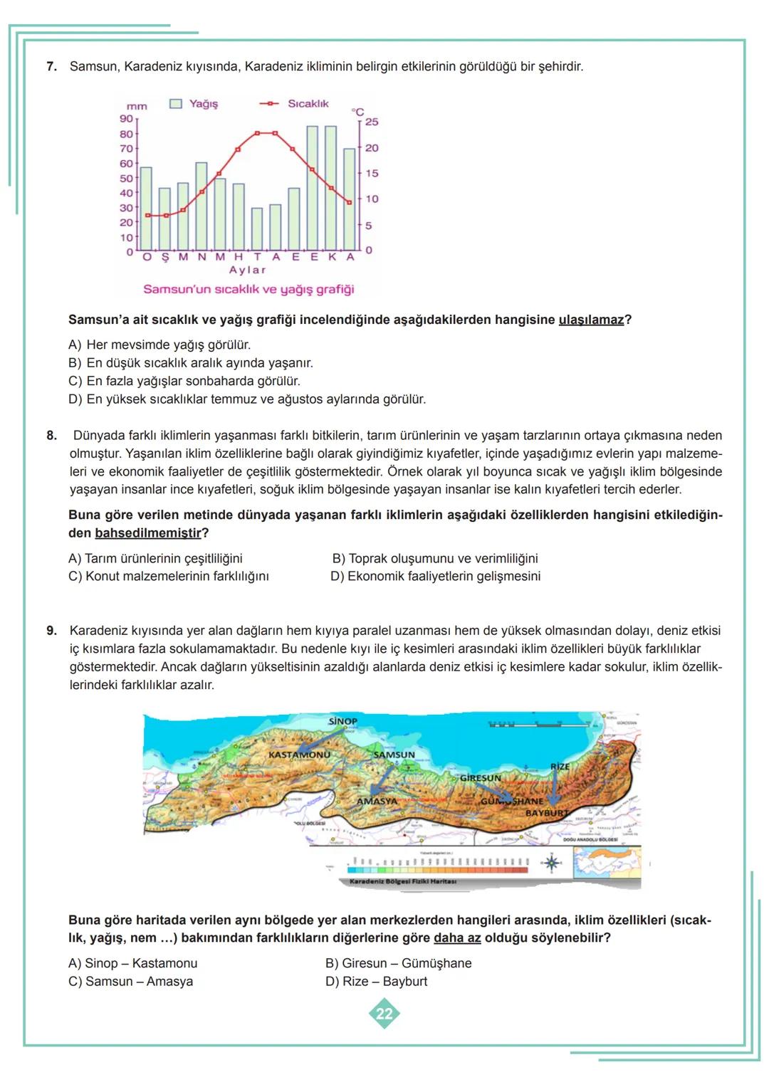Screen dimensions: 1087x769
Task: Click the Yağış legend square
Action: click(176, 104)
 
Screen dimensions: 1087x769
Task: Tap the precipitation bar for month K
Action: click(330, 188)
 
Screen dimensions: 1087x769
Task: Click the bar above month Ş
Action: click(164, 219)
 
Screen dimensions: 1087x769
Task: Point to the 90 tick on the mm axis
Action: click(126, 119)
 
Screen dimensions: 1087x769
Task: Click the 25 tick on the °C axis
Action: click(371, 122)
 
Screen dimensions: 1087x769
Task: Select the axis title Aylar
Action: click(247, 271)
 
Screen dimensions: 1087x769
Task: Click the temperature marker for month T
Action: click(256, 133)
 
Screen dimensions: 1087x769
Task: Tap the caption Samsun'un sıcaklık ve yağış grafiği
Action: click(249, 290)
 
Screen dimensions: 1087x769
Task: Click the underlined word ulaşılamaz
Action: click(591, 320)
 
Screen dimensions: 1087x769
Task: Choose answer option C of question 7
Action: click(184, 382)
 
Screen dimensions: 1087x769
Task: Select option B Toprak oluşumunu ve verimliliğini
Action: click(435, 559)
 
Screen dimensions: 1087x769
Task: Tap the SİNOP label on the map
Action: click(342, 721)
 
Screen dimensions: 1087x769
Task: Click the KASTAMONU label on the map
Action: click(299, 754)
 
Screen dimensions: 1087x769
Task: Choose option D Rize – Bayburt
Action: click(376, 982)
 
